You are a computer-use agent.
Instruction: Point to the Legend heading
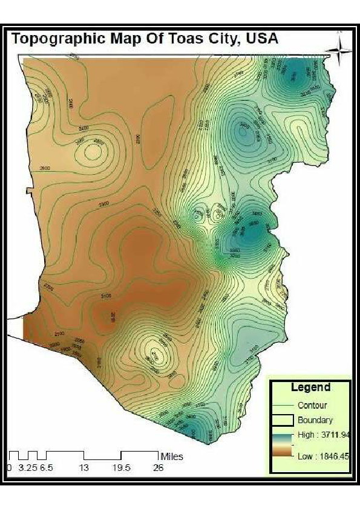(310, 387)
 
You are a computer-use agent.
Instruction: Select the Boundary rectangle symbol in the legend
(283, 420)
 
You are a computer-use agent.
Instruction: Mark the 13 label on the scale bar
(84, 467)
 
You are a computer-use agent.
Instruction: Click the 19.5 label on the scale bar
(122, 467)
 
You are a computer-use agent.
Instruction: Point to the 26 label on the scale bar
(158, 467)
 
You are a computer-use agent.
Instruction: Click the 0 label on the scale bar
(9, 467)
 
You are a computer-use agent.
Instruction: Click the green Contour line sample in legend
(283, 406)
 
